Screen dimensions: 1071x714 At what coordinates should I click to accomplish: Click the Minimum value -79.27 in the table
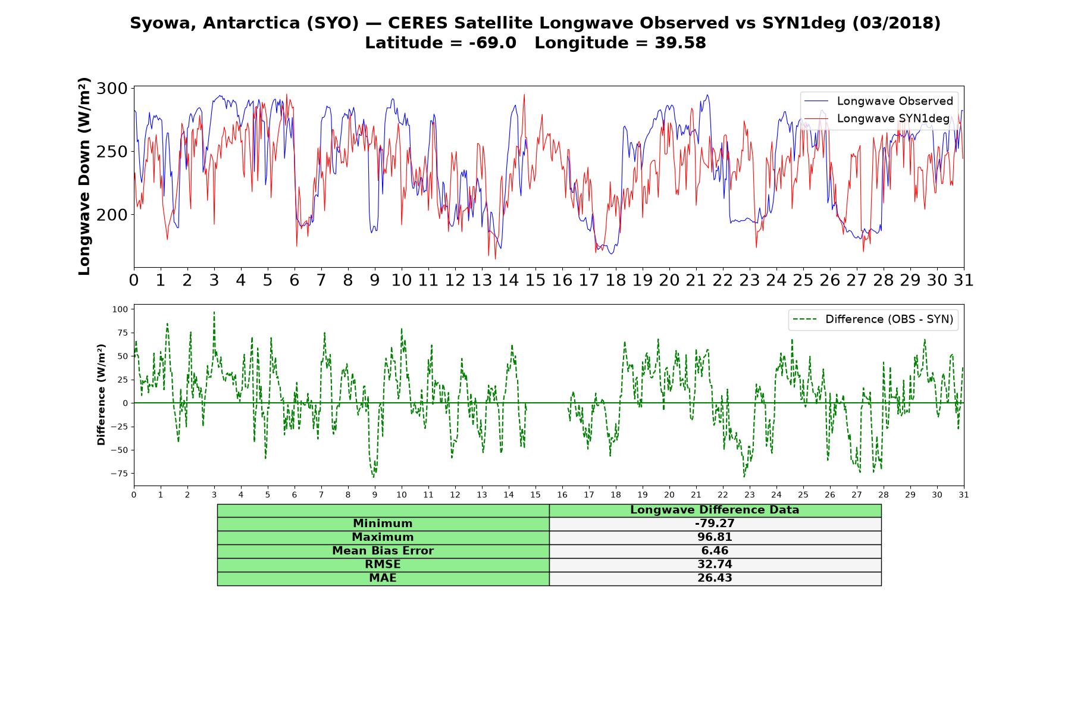(x=715, y=524)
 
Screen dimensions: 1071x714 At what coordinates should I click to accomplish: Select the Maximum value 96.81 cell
(x=715, y=537)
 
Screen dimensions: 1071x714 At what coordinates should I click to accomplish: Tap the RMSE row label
(x=383, y=565)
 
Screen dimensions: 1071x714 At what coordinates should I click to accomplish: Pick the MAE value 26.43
(x=715, y=578)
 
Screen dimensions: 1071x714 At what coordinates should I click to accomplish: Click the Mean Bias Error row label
(x=383, y=551)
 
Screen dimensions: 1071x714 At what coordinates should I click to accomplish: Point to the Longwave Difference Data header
(x=715, y=510)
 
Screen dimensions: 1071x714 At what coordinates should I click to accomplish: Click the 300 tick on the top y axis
(x=112, y=89)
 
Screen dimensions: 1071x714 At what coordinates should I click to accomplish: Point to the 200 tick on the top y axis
(x=112, y=215)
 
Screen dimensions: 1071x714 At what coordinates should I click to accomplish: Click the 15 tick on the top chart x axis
(x=535, y=280)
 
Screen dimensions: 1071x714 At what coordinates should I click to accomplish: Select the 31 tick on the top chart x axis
(x=963, y=280)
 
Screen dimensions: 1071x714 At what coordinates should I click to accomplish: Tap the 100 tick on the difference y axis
(x=120, y=309)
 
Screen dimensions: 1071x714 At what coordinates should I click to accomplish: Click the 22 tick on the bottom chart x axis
(x=722, y=494)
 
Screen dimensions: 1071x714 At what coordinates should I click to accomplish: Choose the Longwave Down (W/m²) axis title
(x=84, y=176)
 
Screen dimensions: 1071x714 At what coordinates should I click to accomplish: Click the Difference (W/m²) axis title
(x=101, y=394)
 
